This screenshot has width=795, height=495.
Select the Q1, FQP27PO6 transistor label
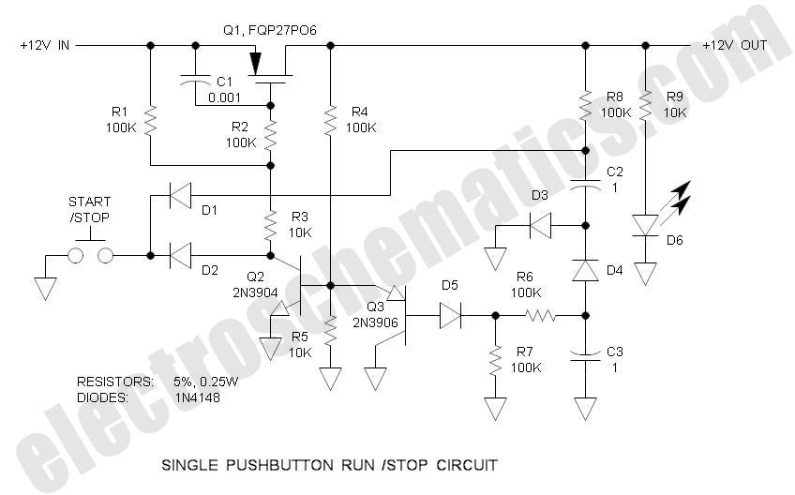point(269,30)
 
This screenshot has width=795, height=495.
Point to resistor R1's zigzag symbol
point(150,120)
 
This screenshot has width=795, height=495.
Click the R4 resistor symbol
point(330,119)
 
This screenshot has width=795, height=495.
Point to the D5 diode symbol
point(451,316)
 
